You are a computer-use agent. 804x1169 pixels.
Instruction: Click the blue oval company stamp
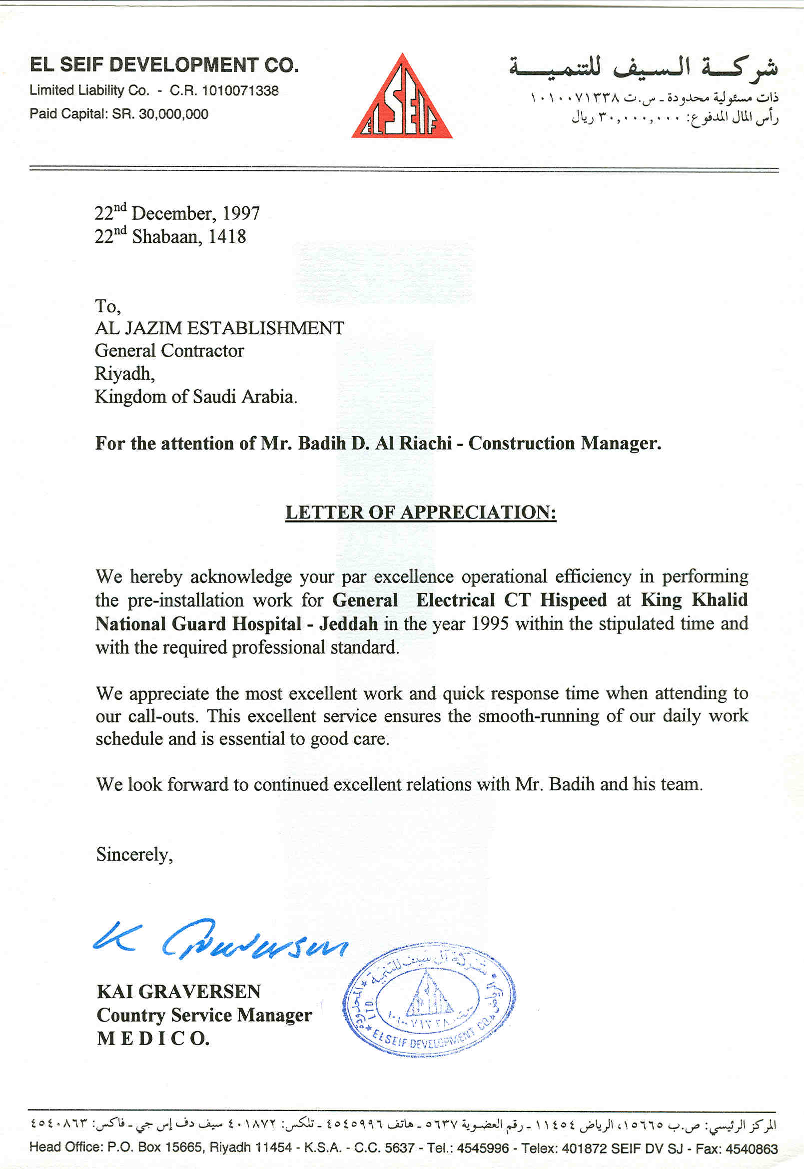(x=429, y=999)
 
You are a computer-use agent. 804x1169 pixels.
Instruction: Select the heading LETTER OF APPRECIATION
(x=421, y=512)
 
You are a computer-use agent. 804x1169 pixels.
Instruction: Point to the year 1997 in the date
(x=241, y=213)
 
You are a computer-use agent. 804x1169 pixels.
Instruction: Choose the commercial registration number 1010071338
(x=240, y=90)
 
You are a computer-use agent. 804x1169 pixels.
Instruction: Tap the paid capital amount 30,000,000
(x=173, y=114)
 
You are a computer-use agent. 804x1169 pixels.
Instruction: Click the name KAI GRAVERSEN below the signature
(x=179, y=992)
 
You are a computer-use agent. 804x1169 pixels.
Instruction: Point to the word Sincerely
(x=134, y=854)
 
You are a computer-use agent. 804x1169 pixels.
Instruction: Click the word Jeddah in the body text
(x=349, y=624)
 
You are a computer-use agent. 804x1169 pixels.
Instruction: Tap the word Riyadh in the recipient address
(x=124, y=374)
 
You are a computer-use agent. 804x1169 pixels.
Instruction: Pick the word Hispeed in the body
(x=573, y=600)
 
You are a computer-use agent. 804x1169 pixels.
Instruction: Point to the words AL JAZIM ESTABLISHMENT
(x=220, y=328)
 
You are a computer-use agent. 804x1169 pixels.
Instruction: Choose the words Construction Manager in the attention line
(x=564, y=443)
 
